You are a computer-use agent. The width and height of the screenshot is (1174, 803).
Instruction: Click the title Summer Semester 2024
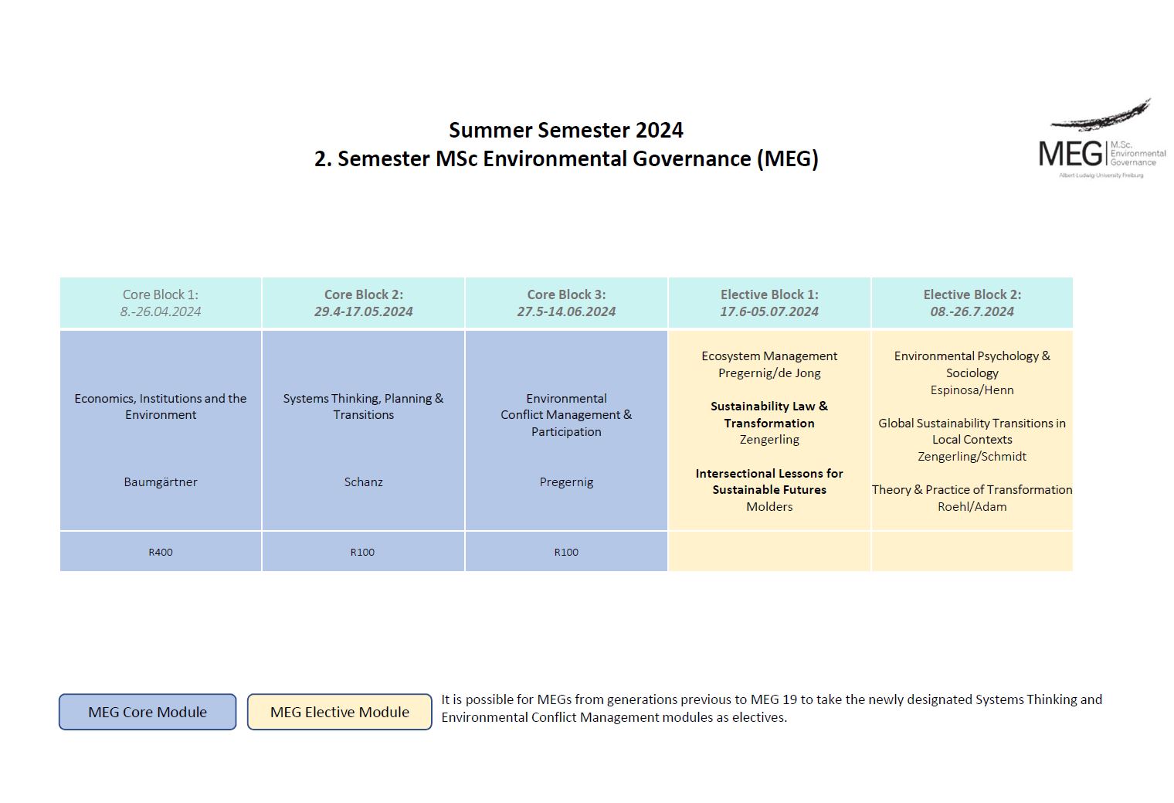[x=565, y=130]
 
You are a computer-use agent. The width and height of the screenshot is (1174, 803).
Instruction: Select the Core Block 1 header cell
[x=161, y=302]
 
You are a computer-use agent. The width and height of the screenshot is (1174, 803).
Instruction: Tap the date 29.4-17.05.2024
[x=363, y=311]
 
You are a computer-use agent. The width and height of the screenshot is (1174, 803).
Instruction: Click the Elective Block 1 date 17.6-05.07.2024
[x=769, y=311]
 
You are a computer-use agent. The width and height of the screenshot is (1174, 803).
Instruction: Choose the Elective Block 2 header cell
[x=972, y=302]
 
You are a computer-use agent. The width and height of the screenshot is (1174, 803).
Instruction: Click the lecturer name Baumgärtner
[x=161, y=481]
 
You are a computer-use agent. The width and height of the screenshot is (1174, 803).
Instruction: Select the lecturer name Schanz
[x=363, y=481]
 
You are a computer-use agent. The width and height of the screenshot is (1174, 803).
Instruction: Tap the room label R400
[x=161, y=552]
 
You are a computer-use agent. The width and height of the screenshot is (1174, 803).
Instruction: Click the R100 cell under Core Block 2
[x=362, y=552]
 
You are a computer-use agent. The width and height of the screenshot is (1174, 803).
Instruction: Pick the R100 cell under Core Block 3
[x=566, y=552]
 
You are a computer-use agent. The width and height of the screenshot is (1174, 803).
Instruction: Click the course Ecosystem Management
[x=769, y=356]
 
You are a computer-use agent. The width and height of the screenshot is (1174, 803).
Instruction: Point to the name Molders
[x=769, y=506]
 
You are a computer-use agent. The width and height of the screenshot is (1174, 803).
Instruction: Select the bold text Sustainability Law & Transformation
[x=769, y=414]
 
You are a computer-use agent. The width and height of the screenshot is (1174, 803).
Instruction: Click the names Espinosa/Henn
[x=972, y=390]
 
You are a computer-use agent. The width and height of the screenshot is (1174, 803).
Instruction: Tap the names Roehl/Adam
[x=972, y=506]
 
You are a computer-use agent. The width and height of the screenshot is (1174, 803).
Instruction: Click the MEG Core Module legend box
[x=148, y=712]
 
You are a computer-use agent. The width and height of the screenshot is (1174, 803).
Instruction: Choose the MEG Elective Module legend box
[x=339, y=712]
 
